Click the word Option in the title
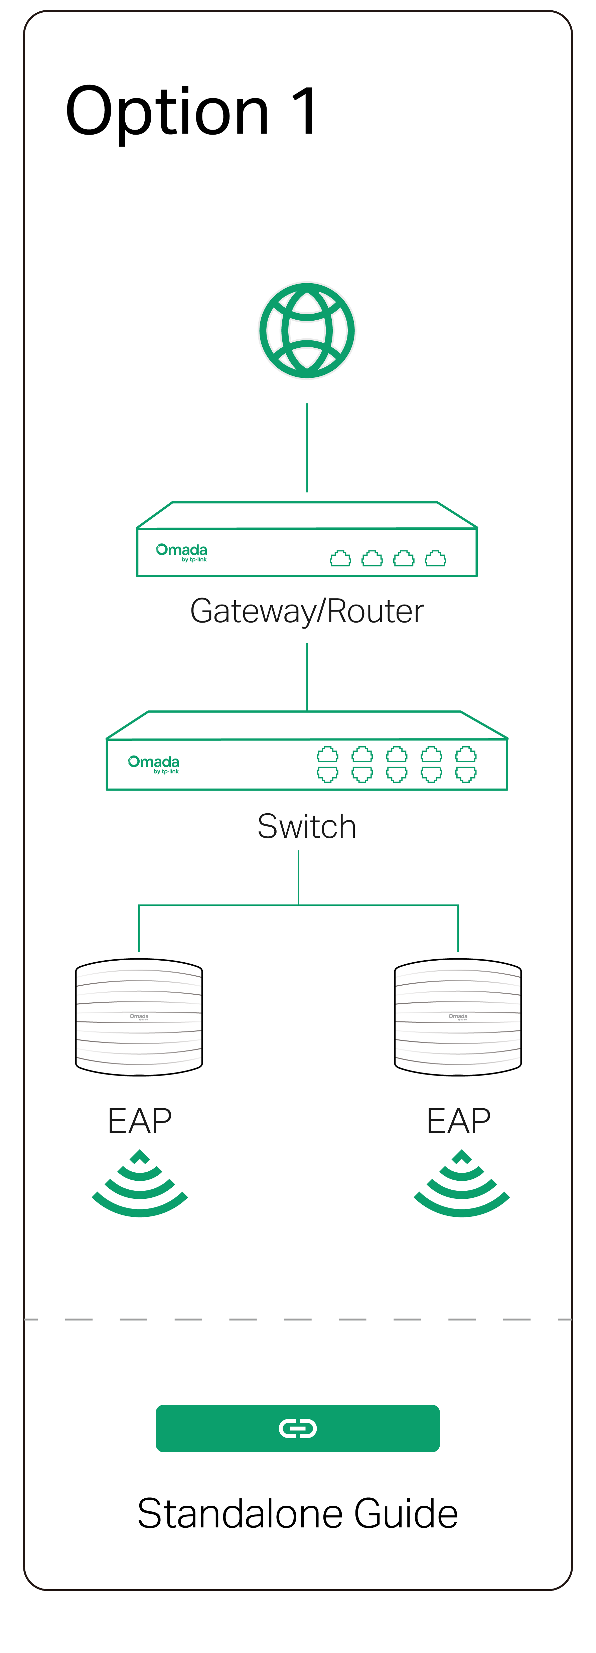coord(167,112)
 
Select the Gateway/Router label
coord(307,611)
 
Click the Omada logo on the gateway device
coord(181,552)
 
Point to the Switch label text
coord(307,826)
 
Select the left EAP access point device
coord(139,1017)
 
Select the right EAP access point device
coord(458,1017)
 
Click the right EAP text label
coord(459,1121)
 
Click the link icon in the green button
coord(298,1429)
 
